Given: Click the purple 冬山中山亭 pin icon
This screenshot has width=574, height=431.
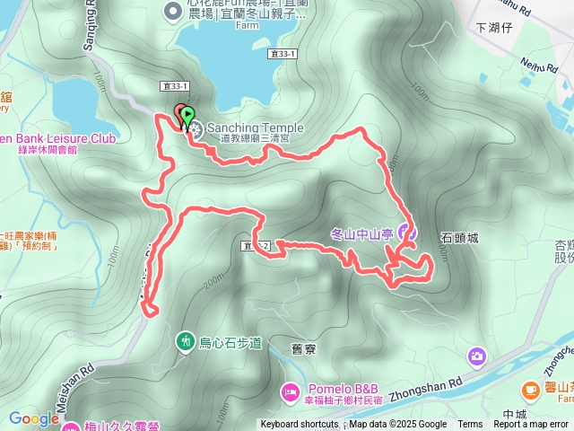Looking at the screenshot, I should [x=405, y=232].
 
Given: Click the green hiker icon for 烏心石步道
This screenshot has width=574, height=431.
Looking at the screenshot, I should [x=185, y=341].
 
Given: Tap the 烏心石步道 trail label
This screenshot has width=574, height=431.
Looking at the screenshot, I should [x=230, y=342].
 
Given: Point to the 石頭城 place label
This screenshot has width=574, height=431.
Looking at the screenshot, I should [x=460, y=238].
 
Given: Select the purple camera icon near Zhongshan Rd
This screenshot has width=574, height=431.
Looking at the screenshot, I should [x=475, y=357].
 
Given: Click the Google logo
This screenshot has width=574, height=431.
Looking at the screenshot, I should [x=34, y=418].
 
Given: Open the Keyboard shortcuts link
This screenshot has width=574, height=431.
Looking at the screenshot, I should [x=300, y=425].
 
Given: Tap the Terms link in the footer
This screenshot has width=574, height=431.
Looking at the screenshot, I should [x=470, y=425].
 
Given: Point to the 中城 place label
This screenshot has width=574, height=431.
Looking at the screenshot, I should [x=514, y=415].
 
